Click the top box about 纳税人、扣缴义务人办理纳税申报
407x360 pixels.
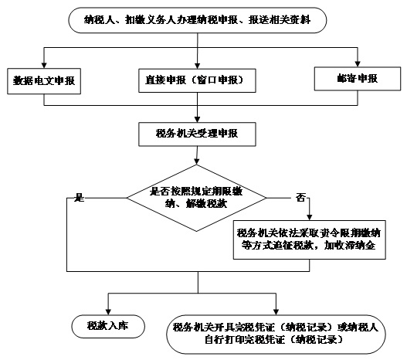point(197,20)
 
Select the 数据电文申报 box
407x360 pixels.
point(44,81)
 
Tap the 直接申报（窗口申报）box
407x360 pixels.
point(197,80)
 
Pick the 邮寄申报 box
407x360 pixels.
point(358,79)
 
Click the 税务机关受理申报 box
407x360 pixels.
point(197,134)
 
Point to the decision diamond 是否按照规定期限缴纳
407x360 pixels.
point(196,198)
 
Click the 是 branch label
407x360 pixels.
point(80,198)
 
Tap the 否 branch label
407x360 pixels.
point(300,198)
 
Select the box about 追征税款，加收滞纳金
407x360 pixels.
point(310,239)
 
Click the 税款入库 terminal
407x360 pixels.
point(108,326)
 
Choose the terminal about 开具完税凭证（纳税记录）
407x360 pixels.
point(276,335)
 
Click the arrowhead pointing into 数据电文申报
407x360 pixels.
point(44,65)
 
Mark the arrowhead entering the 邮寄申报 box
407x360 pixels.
point(358,64)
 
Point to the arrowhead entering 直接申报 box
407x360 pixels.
point(197,66)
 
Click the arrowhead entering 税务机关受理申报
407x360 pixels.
point(197,120)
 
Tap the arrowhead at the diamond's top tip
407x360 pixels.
point(196,161)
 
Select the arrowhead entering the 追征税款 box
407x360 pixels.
point(310,218)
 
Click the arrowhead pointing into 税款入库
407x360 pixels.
point(108,312)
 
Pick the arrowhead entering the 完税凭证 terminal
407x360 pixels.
point(276,312)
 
